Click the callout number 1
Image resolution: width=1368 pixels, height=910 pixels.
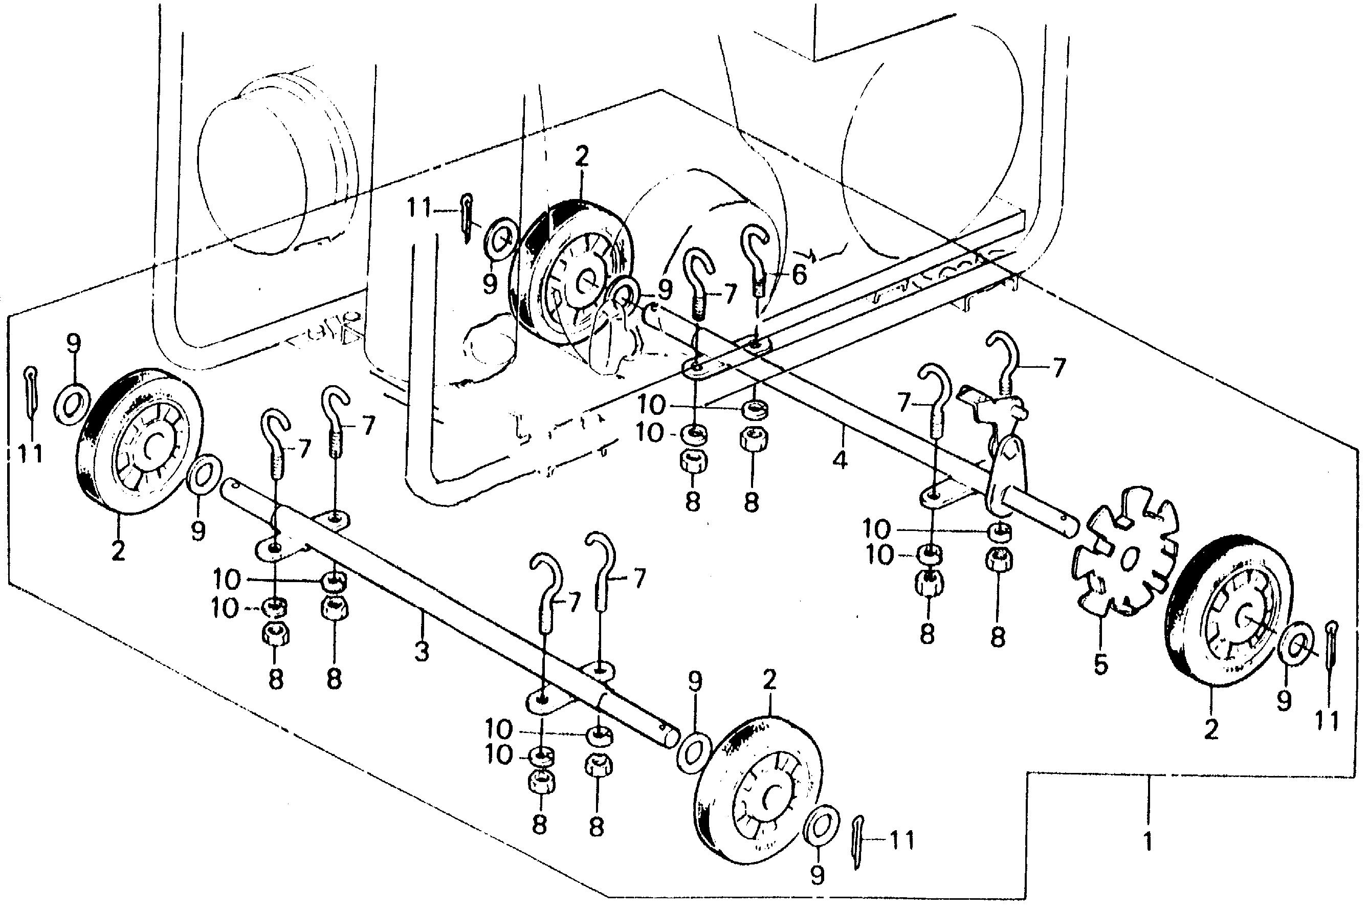[1148, 841]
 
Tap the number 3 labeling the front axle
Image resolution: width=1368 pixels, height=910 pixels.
[422, 651]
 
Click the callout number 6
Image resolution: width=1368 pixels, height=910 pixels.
[799, 275]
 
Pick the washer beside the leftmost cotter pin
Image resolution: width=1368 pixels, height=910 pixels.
[72, 402]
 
